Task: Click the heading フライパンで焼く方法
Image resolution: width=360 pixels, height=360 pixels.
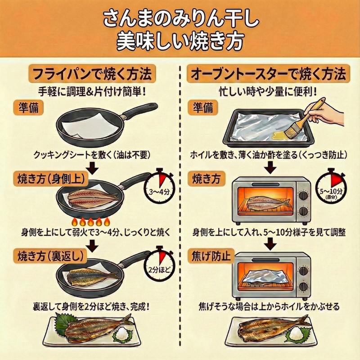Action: (x=92, y=74)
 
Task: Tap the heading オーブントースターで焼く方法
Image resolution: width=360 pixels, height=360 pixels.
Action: (x=268, y=74)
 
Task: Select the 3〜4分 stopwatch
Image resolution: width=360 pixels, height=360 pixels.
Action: (x=159, y=188)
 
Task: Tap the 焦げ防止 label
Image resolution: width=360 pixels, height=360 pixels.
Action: (x=211, y=256)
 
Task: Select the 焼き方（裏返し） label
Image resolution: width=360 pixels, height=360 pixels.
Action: (x=52, y=256)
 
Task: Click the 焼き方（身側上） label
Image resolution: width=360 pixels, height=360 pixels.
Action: (x=52, y=179)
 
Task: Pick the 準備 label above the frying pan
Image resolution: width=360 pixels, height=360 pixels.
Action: (x=29, y=108)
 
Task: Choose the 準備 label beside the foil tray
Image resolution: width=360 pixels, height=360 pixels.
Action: (x=203, y=108)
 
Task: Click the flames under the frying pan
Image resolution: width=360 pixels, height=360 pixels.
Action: (x=91, y=222)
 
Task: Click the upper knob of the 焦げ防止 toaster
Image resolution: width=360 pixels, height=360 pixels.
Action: (x=303, y=271)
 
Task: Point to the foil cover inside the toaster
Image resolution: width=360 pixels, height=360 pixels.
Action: (x=267, y=275)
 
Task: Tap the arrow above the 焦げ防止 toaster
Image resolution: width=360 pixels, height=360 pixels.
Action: (x=270, y=244)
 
